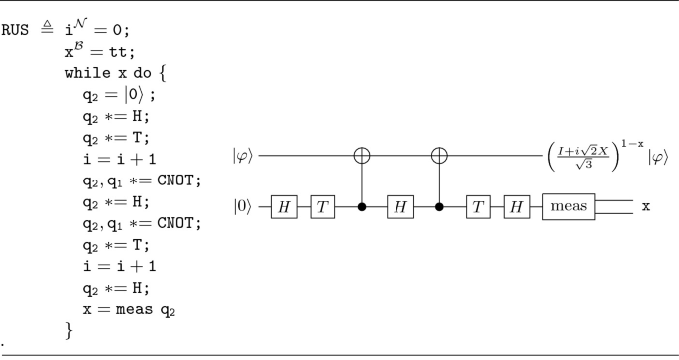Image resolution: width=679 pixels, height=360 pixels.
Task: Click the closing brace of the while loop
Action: point(69,329)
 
